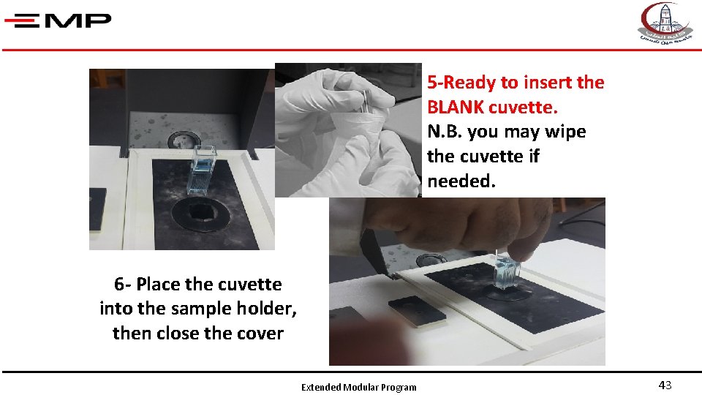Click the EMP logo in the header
pyautogui.click(x=58, y=20)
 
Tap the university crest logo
pyautogui.click(x=665, y=23)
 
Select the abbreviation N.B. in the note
pyautogui.click(x=445, y=132)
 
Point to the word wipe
pyautogui.click(x=566, y=132)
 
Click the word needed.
pyautogui.click(x=461, y=181)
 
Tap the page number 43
pyautogui.click(x=665, y=385)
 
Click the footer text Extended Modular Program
pyautogui.click(x=359, y=388)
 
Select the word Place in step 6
pyautogui.click(x=157, y=284)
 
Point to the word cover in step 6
pyautogui.click(x=260, y=333)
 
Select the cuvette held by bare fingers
pyautogui.click(x=506, y=271)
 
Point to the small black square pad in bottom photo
pyautogui.click(x=417, y=311)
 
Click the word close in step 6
pyautogui.click(x=177, y=333)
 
